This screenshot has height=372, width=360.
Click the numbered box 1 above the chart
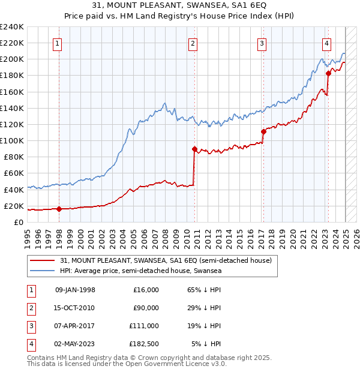click(57, 43)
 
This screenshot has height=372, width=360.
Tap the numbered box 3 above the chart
click(262, 43)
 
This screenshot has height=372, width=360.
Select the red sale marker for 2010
click(194, 149)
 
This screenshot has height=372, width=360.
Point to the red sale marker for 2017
click(263, 131)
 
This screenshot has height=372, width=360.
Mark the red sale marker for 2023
click(328, 73)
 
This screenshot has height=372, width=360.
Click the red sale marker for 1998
click(59, 209)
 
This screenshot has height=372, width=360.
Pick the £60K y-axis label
click(14, 173)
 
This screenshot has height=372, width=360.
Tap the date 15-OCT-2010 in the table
click(75, 308)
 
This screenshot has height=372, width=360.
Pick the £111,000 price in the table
click(143, 326)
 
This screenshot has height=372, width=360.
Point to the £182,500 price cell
click(143, 344)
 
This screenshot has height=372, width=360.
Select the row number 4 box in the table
click(31, 344)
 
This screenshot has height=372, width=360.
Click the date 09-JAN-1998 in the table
click(75, 290)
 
